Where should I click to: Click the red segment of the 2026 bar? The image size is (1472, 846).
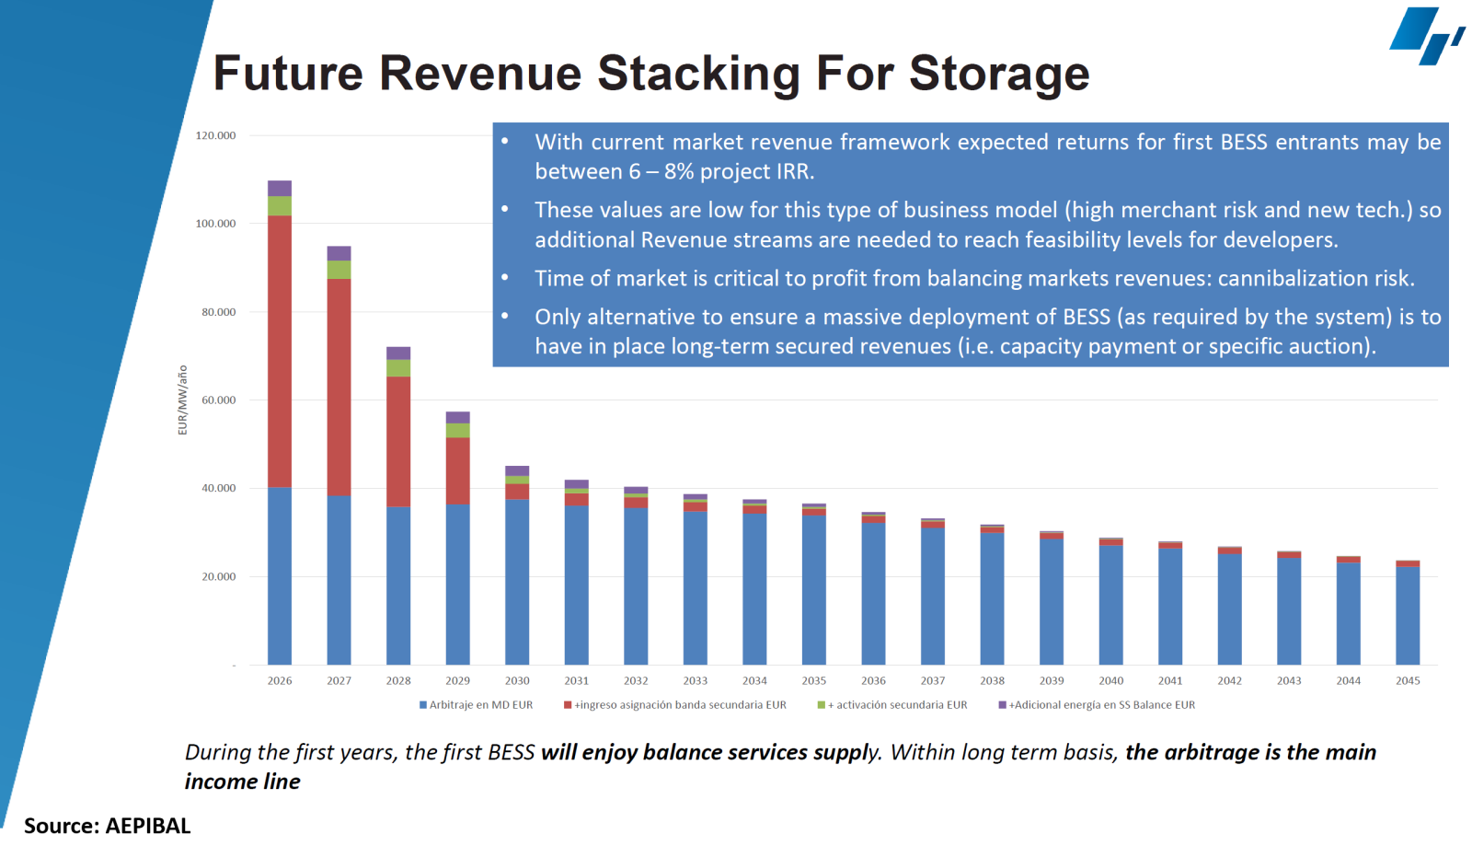click(x=280, y=350)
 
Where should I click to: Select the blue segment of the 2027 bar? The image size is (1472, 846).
click(x=339, y=580)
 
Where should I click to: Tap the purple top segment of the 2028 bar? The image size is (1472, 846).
click(x=398, y=353)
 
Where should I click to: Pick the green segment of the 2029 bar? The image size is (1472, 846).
click(x=457, y=430)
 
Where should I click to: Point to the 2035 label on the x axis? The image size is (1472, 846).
click(x=814, y=681)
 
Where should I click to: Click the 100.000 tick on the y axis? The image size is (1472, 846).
click(x=215, y=224)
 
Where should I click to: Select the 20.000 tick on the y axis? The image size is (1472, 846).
click(x=218, y=577)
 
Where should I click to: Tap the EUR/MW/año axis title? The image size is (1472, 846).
click(x=182, y=400)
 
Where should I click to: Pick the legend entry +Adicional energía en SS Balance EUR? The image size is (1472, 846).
click(x=1101, y=705)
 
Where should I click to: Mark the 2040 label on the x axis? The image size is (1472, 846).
click(x=1110, y=681)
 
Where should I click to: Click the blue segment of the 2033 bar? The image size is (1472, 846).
click(x=695, y=589)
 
